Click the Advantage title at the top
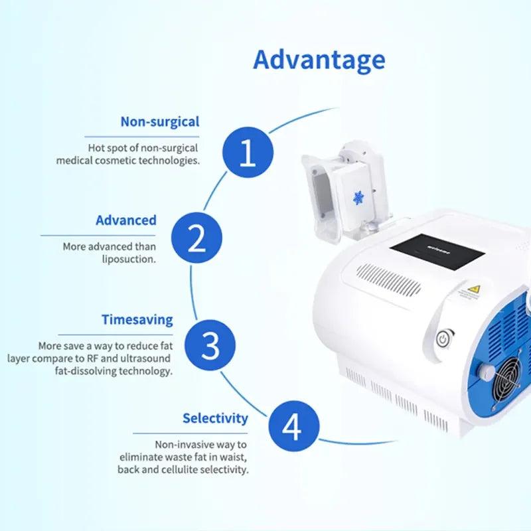[x=319, y=60]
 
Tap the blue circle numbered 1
[x=248, y=152]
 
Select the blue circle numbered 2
[x=196, y=238]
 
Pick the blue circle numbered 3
[x=210, y=345]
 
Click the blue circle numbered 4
[x=294, y=426]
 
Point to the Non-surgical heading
[x=160, y=122]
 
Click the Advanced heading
[x=126, y=220]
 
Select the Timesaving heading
[x=137, y=320]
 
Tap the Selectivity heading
[x=215, y=419]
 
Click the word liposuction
[x=129, y=260]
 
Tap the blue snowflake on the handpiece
[x=358, y=198]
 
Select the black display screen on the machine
[x=437, y=252]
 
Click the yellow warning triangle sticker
[x=474, y=289]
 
